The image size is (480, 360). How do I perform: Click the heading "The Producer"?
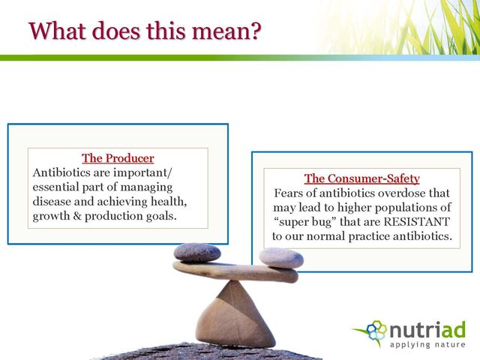click(118, 158)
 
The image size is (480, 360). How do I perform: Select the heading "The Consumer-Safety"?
click(361, 178)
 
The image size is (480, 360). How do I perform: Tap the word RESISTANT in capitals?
click(417, 222)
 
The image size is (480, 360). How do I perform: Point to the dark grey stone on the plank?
click(197, 253)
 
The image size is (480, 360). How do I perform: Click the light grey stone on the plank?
click(281, 258)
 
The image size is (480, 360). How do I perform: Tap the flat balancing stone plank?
click(235, 271)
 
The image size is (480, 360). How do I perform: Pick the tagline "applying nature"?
click(427, 345)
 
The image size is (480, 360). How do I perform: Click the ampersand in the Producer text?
click(77, 216)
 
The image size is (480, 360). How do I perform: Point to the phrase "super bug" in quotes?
click(305, 222)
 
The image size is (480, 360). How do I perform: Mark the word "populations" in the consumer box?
click(407, 208)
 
